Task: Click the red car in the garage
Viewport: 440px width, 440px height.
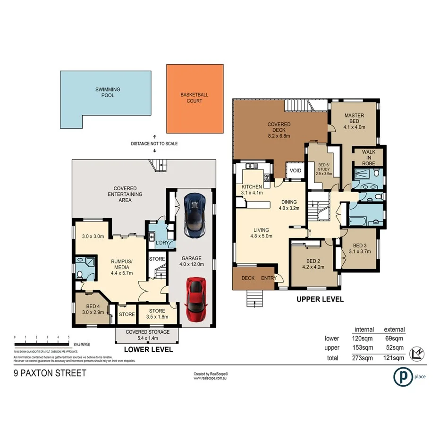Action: coord(195,299)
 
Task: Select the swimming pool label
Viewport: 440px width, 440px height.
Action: coord(108,92)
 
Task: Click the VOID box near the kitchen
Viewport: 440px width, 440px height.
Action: coord(296,170)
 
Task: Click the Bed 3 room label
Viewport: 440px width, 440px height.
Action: coord(359,245)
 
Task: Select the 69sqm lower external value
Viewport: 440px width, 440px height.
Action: coord(394,338)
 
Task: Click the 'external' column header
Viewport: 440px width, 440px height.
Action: coord(394,330)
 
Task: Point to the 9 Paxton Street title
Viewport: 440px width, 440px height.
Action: coord(50,373)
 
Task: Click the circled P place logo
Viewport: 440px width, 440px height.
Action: coord(401,376)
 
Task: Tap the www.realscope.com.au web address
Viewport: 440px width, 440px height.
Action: coord(211,378)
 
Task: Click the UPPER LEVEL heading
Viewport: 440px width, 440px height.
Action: coord(320,299)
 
